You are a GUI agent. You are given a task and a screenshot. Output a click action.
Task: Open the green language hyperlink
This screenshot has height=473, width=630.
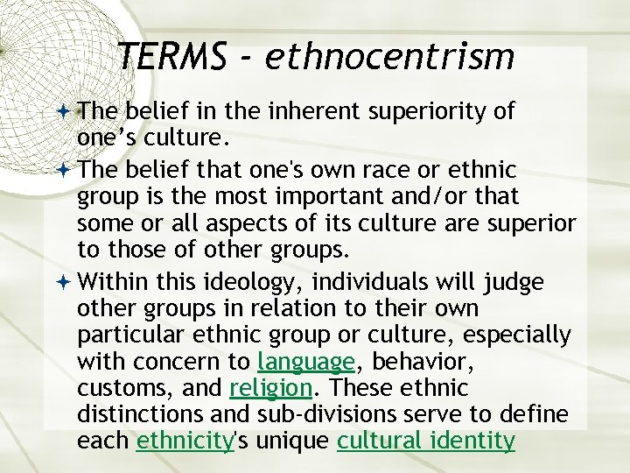pyautogui.click(x=306, y=362)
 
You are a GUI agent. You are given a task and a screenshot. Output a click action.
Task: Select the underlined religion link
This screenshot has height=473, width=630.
pyautogui.click(x=270, y=388)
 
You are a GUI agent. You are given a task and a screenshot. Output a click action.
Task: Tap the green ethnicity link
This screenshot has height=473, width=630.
pyautogui.click(x=185, y=441)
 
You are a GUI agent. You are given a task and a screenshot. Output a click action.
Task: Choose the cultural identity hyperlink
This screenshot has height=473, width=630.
pyautogui.click(x=426, y=441)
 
